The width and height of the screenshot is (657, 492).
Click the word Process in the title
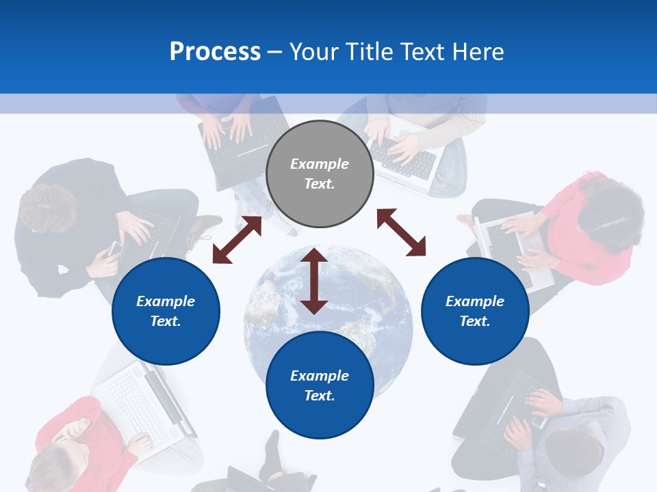point(215,51)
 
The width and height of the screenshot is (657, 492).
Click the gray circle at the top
point(320,174)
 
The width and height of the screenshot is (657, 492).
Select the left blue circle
point(166,311)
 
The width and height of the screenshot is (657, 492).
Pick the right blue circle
point(475,311)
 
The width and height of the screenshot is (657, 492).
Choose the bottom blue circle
point(320,385)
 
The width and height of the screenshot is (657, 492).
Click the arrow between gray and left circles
point(237,240)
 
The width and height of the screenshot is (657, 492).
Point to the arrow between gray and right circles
point(401,232)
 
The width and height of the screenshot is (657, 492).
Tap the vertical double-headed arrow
point(314,281)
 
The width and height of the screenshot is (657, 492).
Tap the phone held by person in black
point(115,247)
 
